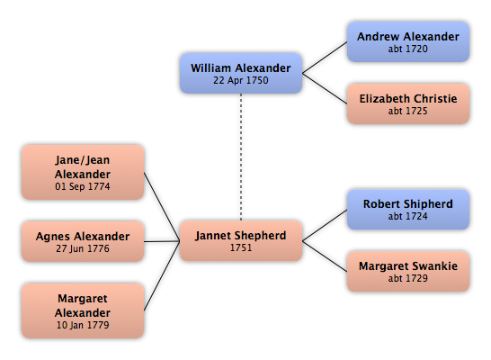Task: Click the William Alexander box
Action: pos(241,73)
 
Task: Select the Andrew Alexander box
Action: pos(408,41)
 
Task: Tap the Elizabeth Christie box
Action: pos(408,103)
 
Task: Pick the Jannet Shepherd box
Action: pos(241,241)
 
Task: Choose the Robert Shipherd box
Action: pos(408,210)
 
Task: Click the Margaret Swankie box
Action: pos(408,271)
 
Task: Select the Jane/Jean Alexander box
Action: pos(83,172)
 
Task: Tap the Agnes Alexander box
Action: pos(83,241)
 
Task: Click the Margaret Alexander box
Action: pos(83,310)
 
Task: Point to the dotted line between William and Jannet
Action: pos(241,157)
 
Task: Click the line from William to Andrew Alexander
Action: pos(325,58)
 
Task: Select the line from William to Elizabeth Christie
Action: pos(325,89)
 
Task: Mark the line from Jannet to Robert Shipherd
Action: pos(325,225)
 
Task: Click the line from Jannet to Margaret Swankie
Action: pos(325,256)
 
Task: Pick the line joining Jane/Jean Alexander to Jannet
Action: pos(162,207)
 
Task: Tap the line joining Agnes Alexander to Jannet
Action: pos(162,241)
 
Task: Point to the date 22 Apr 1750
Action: pos(241,80)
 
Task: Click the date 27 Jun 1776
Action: pos(83,248)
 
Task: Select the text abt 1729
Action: pos(408,278)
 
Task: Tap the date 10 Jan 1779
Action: pos(83,325)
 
